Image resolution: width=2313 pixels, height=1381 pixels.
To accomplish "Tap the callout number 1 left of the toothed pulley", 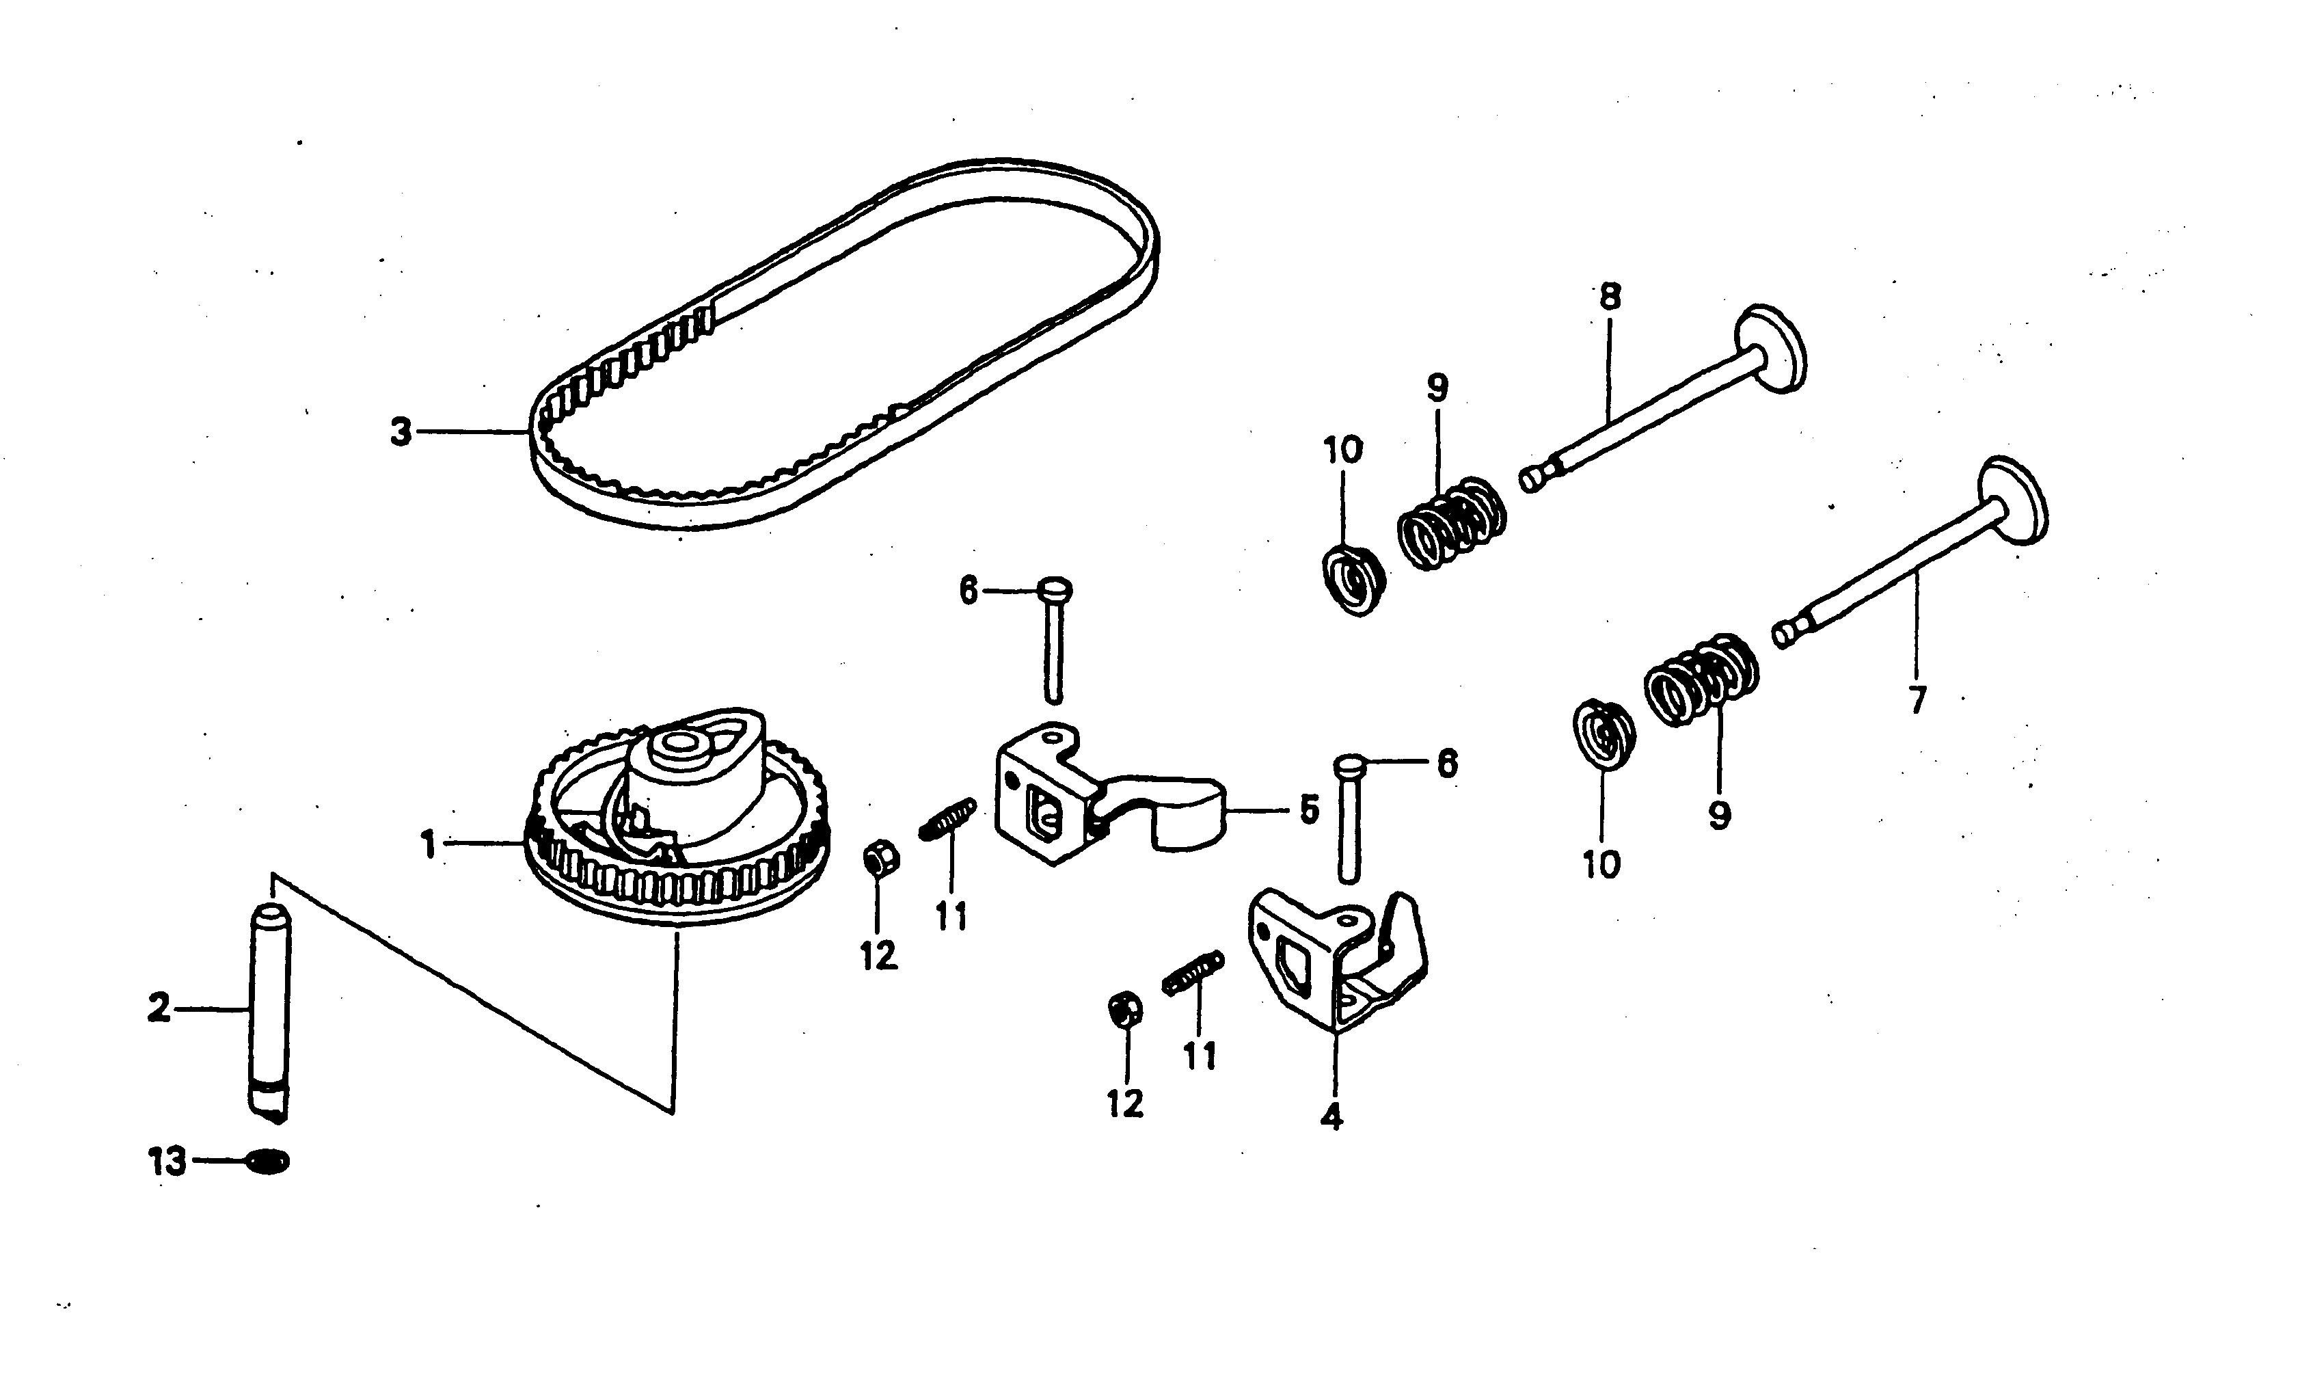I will tap(428, 845).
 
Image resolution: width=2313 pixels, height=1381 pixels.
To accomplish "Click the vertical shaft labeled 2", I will tap(270, 1015).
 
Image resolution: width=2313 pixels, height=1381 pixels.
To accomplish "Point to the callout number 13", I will tap(167, 1162).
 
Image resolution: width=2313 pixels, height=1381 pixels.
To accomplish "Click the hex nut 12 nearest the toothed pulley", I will tap(879, 857).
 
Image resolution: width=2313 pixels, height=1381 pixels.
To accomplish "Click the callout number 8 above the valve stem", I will tap(1610, 298).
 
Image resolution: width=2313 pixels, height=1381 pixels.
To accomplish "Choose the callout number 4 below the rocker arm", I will tap(1332, 1116).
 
